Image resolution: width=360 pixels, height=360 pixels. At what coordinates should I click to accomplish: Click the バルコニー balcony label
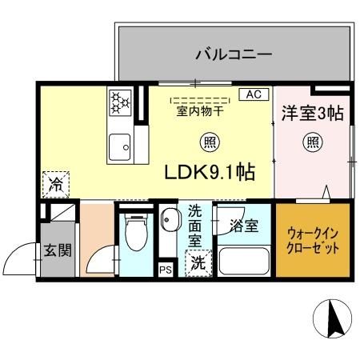pos(234,55)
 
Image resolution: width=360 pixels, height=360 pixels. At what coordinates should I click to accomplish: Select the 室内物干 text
pos(199,112)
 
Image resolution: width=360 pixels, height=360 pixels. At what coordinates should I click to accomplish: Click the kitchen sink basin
pos(120,146)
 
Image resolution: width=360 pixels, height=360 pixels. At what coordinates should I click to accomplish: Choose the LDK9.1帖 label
pos(210,172)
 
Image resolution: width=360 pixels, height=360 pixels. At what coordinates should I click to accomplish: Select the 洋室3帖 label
pos(312,114)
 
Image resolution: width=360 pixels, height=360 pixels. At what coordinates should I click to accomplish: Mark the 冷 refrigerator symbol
pos(56,185)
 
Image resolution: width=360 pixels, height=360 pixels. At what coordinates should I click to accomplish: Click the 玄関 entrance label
pos(57,249)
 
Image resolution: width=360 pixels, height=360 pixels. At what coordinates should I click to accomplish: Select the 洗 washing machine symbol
pos(195,262)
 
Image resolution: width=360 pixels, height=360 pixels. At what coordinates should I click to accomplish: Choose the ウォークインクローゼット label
pos(313,241)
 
